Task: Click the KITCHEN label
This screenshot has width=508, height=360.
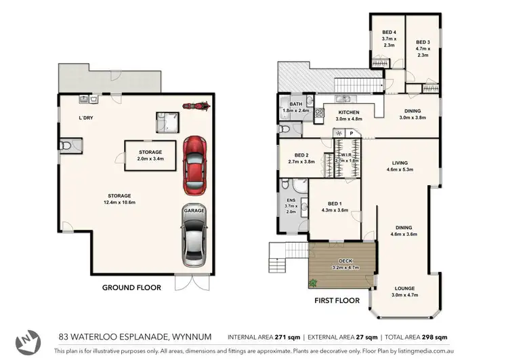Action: [349, 113]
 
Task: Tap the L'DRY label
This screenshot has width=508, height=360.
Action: [85, 119]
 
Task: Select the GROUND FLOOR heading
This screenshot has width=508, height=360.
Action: [131, 287]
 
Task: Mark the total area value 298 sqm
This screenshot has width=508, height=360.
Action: [433, 336]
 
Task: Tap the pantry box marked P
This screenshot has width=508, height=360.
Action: [352, 134]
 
